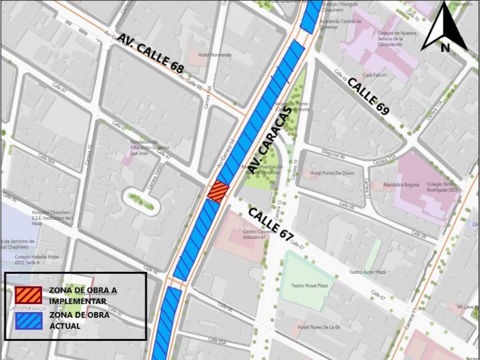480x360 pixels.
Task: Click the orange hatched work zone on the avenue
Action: click(x=218, y=192)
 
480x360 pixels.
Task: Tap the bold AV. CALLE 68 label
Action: click(x=150, y=53)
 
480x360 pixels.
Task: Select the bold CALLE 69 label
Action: click(x=368, y=96)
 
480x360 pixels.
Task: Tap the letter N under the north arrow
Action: click(x=445, y=48)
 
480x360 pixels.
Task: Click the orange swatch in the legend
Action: click(x=28, y=295)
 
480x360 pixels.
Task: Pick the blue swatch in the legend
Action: click(x=28, y=320)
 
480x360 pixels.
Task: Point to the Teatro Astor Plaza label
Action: click(x=367, y=272)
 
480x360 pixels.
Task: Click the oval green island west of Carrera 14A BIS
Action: click(x=141, y=201)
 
